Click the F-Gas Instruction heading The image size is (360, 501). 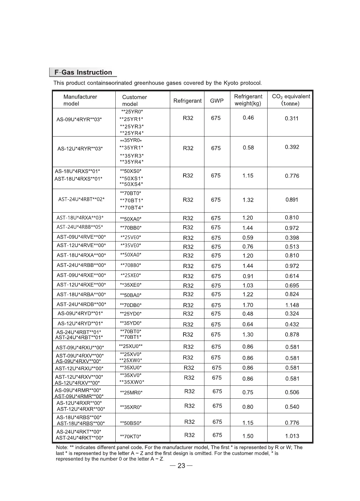83,72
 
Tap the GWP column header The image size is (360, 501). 217,101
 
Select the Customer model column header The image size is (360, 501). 134,100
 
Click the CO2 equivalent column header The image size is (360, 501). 291,100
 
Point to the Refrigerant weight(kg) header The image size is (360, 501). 248,100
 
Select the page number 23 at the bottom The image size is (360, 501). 181,466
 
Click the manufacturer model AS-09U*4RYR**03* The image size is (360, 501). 79,120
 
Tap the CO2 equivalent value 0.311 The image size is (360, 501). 292,118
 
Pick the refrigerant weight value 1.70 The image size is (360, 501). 248,305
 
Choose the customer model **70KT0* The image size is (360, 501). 131,436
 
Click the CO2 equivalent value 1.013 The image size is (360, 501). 292,436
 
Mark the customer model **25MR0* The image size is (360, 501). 131,393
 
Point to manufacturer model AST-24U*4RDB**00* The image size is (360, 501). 81,304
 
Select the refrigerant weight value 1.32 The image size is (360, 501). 248,200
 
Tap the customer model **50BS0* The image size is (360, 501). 131,423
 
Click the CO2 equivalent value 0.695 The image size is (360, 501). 292,285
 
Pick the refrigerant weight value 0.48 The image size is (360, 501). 248,314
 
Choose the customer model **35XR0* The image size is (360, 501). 131,407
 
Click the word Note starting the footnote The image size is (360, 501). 62,448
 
